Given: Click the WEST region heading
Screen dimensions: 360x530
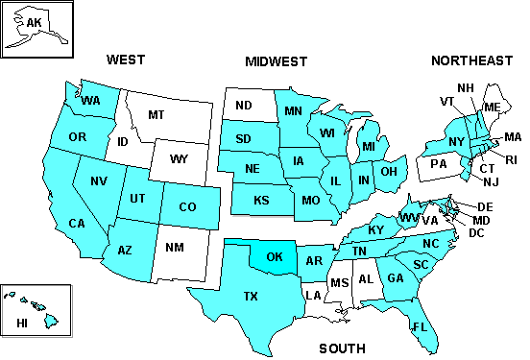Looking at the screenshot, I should tap(126, 60).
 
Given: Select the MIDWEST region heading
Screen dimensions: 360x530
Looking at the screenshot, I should tap(277, 62).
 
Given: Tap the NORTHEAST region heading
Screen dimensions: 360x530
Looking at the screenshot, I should tap(471, 60).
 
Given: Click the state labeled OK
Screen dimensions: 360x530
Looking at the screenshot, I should tap(276, 257).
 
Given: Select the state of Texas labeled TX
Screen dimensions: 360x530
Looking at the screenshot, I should tap(252, 297).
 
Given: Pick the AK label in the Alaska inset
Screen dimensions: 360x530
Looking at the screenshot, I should tap(35, 22).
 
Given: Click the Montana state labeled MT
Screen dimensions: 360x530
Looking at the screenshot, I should tap(157, 114).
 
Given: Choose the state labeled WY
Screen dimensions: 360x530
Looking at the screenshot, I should tap(179, 157).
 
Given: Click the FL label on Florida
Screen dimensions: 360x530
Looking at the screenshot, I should tap(420, 326).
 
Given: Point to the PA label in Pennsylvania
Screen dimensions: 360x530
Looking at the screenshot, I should tap(439, 163).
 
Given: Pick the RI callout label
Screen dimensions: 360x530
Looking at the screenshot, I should tap(511, 160).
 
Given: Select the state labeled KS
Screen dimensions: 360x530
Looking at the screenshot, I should tap(261, 201).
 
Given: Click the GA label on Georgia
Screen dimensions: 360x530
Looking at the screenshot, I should tap(394, 278).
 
